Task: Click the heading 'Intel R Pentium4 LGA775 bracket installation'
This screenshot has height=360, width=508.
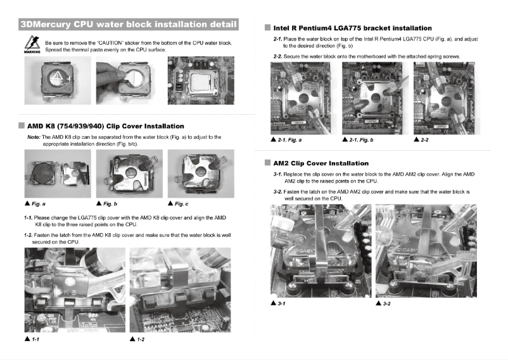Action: click(x=352, y=28)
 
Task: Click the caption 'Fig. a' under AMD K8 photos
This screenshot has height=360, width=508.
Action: click(x=38, y=203)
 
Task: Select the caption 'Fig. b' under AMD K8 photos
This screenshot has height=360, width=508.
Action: click(x=111, y=203)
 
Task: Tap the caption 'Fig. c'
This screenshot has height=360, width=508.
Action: click(x=182, y=203)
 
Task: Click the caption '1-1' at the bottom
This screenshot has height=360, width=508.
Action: click(x=32, y=340)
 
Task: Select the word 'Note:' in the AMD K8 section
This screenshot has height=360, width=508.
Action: click(x=34, y=137)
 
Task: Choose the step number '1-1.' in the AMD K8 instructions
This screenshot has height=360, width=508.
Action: click(x=28, y=217)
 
